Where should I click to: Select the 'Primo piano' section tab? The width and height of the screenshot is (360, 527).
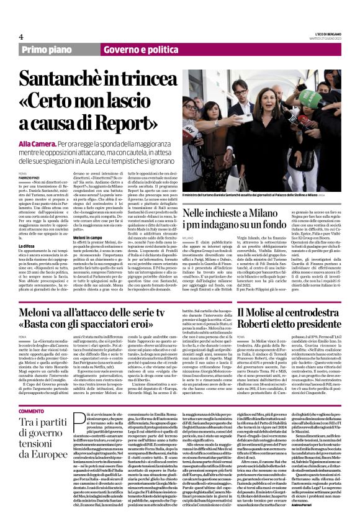click(49, 49)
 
